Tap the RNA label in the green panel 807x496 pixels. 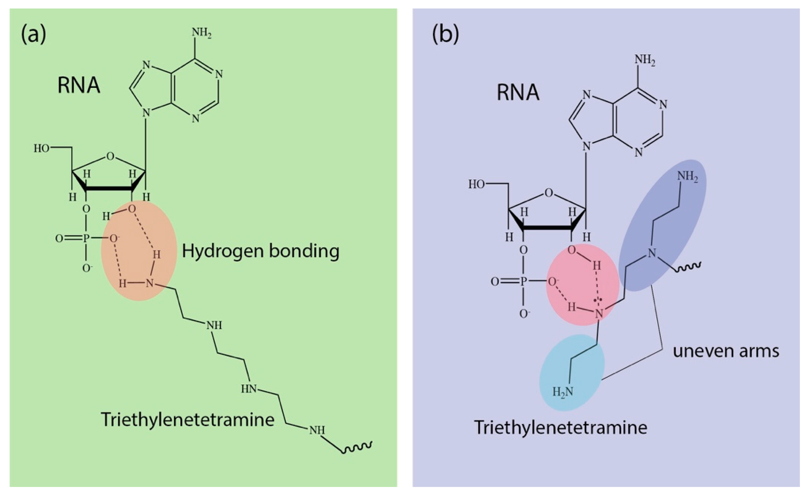[x=79, y=85]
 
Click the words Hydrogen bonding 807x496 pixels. [x=261, y=251]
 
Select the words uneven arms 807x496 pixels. [x=726, y=351]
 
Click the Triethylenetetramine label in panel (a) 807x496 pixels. [x=187, y=420]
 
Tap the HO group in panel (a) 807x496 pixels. [x=41, y=149]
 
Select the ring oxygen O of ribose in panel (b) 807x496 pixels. [x=548, y=193]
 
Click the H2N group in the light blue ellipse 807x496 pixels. [x=563, y=392]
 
